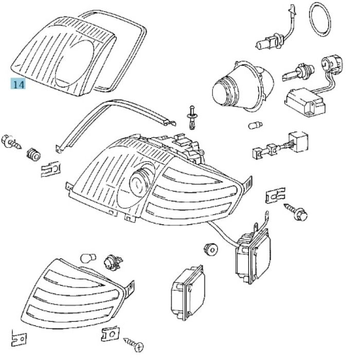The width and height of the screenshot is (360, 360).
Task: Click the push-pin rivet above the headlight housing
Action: point(192,116)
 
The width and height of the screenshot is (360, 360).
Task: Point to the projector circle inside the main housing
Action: point(139,181)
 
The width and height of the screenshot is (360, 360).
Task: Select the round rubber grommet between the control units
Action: point(210,248)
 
